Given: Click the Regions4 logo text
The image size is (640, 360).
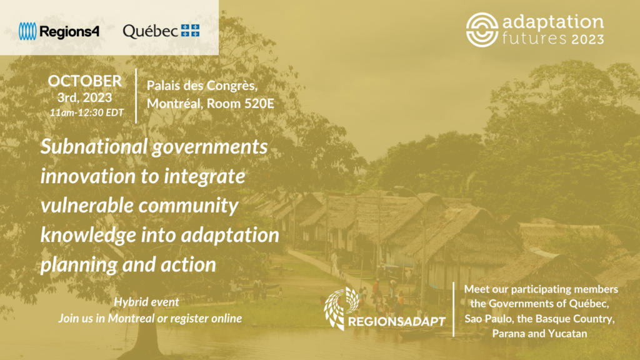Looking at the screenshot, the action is [x=69, y=31].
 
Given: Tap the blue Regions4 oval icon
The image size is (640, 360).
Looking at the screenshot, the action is [x=27, y=31].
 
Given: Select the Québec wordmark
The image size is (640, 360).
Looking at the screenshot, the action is [x=150, y=31].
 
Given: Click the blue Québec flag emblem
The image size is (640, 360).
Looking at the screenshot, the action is [x=190, y=30].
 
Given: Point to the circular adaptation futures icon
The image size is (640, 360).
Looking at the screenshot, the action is [x=482, y=30].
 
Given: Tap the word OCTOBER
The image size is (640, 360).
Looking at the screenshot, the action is [x=85, y=81].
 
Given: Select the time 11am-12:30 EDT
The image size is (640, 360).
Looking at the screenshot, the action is [x=86, y=112].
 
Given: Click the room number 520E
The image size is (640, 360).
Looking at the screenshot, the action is [x=259, y=103].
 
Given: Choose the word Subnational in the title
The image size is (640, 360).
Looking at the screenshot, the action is [x=94, y=146].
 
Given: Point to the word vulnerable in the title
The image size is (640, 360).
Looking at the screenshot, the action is [x=87, y=205].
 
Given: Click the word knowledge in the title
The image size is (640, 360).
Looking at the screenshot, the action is [x=88, y=235].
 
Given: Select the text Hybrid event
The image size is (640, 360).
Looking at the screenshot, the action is [x=146, y=302].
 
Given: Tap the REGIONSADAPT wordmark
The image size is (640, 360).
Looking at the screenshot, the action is [x=396, y=322].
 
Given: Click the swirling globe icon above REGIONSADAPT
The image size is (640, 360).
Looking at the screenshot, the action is [x=341, y=307].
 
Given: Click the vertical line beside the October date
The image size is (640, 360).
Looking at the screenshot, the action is [x=136, y=96].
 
